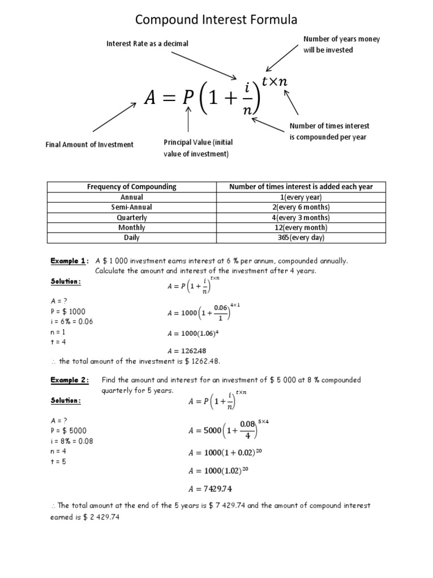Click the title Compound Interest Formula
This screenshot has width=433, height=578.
pos(216,20)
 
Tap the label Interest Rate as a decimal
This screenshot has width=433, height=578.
pos(148,43)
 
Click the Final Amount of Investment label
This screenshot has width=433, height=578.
pos(90,144)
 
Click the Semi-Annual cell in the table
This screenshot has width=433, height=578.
pos(131,207)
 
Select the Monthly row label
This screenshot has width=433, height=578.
pos(131,227)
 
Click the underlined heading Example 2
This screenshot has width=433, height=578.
pos(69,380)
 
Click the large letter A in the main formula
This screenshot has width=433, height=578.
pos(149,98)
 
